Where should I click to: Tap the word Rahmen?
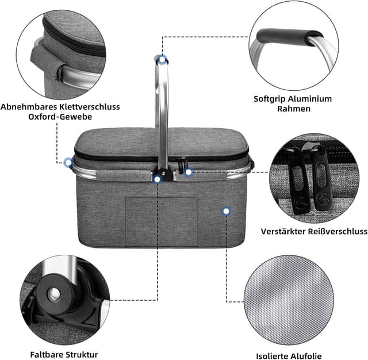click(293, 108)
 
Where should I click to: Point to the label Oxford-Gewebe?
click(60, 116)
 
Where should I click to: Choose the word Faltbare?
click(47, 354)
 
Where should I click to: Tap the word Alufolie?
click(320, 356)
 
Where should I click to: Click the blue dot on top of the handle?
click(163, 59)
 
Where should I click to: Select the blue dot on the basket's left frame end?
click(68, 163)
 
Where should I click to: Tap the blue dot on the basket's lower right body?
click(226, 212)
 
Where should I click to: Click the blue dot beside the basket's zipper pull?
click(188, 171)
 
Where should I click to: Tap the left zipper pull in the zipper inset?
click(300, 178)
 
